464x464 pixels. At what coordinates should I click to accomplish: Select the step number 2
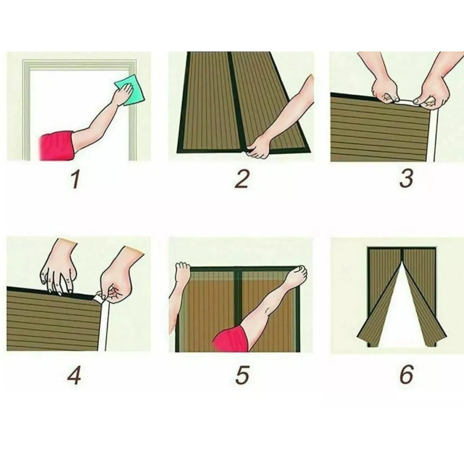click(x=242, y=179)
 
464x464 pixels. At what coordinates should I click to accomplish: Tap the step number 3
click(x=405, y=179)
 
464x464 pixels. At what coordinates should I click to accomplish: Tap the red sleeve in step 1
click(x=56, y=146)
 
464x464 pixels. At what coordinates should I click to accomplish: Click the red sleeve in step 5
click(x=230, y=339)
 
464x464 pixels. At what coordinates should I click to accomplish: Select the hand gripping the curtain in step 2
click(x=258, y=146)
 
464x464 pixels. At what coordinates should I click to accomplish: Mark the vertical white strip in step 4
click(x=103, y=328)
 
